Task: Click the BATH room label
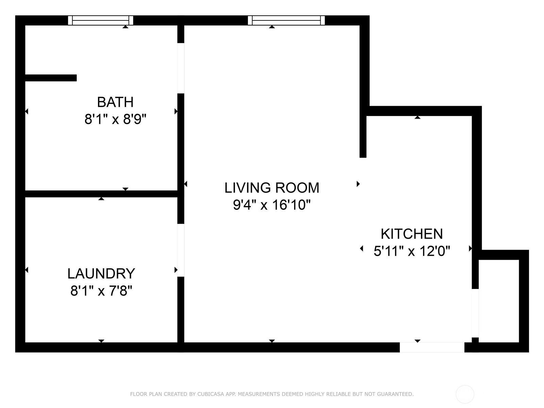tap(115, 102)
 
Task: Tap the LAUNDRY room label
tap(101, 273)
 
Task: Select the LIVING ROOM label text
tap(272, 188)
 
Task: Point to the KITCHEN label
tap(412, 234)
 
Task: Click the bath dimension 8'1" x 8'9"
tap(116, 119)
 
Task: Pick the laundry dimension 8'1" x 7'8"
tap(101, 291)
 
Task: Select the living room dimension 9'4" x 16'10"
tap(272, 205)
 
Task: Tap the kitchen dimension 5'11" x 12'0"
tap(412, 251)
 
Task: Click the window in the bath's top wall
tap(101, 20)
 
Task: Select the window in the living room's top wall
tap(286, 20)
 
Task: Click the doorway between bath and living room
tap(181, 68)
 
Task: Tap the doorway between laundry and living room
tap(181, 250)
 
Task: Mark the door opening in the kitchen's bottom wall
tap(432, 347)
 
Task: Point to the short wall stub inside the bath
tap(51, 78)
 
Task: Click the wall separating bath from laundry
tap(101, 194)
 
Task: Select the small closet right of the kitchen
tap(499, 301)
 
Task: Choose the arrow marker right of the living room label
tap(358, 184)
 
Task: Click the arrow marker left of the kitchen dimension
tap(362, 249)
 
